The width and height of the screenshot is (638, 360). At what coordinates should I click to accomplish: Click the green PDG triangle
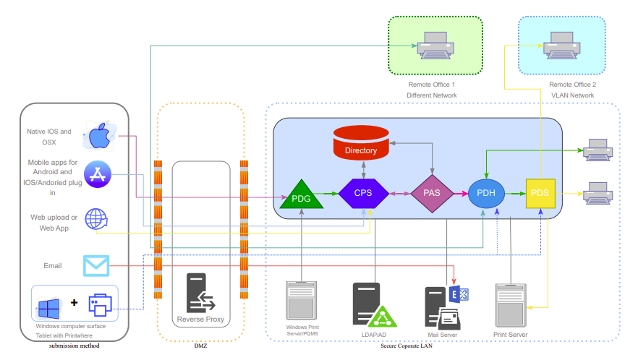[x=300, y=195]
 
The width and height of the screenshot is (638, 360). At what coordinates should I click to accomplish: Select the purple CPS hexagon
[x=363, y=193]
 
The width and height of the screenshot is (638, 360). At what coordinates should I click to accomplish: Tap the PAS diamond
[x=432, y=193]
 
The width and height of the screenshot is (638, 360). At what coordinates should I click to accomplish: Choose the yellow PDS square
[x=540, y=193]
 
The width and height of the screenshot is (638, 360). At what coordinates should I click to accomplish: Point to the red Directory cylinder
[x=361, y=144]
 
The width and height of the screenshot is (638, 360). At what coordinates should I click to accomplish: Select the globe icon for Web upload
[x=96, y=219]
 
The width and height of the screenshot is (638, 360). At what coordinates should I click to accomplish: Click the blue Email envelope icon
[x=95, y=265]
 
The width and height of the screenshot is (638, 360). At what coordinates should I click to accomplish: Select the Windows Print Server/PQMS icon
[x=302, y=301]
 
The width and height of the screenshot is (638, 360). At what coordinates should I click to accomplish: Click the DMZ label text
[x=200, y=346]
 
